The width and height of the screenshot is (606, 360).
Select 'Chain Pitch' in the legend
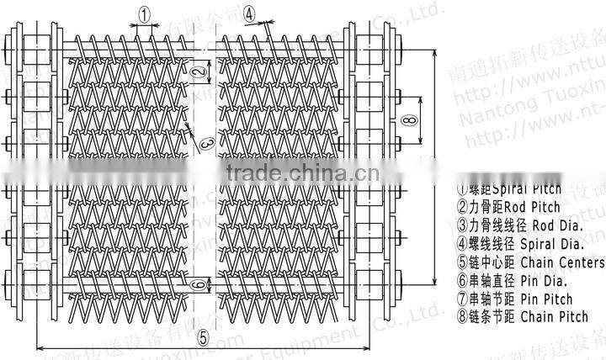pyautogui.click(x=554, y=317)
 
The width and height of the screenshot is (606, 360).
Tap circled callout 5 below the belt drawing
pyautogui.click(x=202, y=336)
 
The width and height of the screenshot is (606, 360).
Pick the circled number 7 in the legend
pyautogui.click(x=462, y=299)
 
